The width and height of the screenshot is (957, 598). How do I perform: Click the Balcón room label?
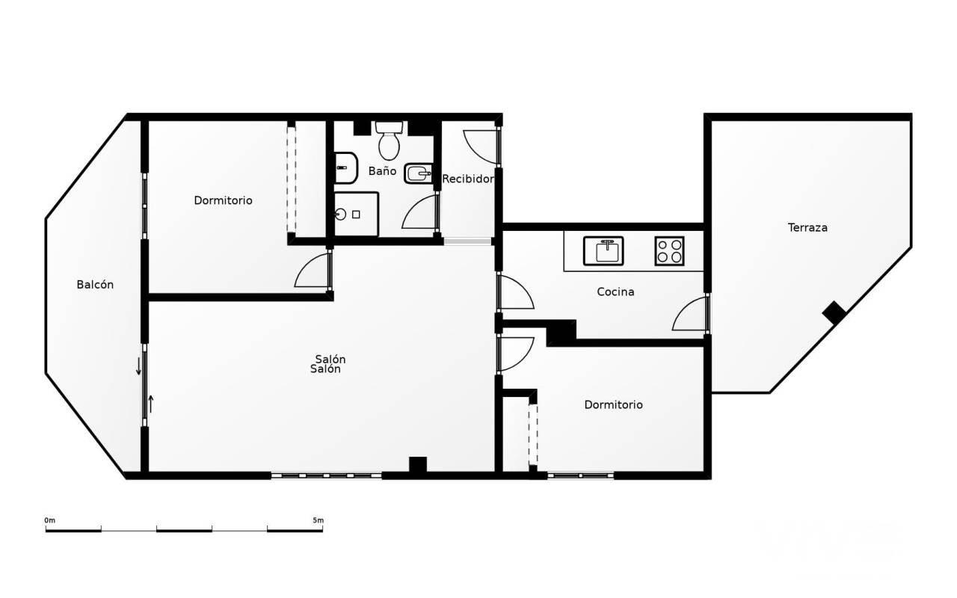click(95, 285)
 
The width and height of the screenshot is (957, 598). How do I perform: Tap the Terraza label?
click(807, 228)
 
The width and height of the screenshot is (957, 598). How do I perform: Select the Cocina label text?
click(615, 292)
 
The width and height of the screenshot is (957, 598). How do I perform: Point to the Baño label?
click(382, 171)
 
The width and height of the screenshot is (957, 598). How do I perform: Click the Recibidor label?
click(468, 179)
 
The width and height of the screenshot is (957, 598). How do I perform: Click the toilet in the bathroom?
click(389, 141)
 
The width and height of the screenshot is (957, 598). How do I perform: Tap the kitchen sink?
click(603, 251)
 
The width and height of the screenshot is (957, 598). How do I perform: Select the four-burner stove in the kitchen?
click(669, 251)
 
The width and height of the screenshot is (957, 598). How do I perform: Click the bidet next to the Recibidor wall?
click(418, 173)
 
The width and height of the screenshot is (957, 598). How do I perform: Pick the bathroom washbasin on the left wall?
click(345, 168)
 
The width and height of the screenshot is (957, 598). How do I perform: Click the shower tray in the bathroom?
click(356, 214)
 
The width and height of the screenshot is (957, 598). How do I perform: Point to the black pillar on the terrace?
click(834, 313)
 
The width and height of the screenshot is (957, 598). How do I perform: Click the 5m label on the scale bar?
click(319, 520)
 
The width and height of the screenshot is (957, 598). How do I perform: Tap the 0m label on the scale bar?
click(50, 520)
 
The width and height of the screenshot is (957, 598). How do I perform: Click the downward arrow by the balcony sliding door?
click(138, 366)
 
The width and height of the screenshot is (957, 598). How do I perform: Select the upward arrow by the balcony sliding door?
click(151, 404)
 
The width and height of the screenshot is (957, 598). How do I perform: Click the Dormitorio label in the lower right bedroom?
click(614, 405)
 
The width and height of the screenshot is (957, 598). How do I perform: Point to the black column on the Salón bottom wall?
click(418, 465)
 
